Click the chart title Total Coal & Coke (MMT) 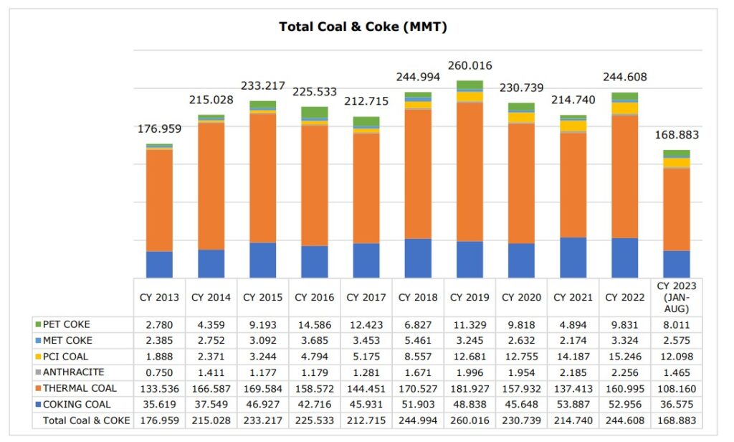pos(363,27)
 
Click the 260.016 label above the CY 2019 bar pos(470,66)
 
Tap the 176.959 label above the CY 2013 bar pos(159,129)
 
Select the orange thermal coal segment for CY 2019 pos(470,172)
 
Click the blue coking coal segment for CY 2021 pos(573,258)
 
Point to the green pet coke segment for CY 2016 pos(314,112)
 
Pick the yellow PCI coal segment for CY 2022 pos(624,108)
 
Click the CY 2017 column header pos(366,297)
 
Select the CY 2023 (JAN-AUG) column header pos(676,297)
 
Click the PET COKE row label pos(67,324)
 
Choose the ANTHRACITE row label pos(73,372)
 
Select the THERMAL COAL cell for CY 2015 pos(262,388)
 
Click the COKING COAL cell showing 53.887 pos(573,404)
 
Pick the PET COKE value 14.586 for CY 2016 pos(314,324)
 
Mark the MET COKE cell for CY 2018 pos(417,340)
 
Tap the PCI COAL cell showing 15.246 pos(624,357)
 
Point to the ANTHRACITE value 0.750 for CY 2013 pos(159,372)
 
